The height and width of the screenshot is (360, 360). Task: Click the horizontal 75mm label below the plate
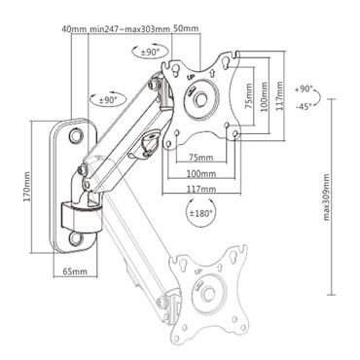[x=201, y=158]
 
